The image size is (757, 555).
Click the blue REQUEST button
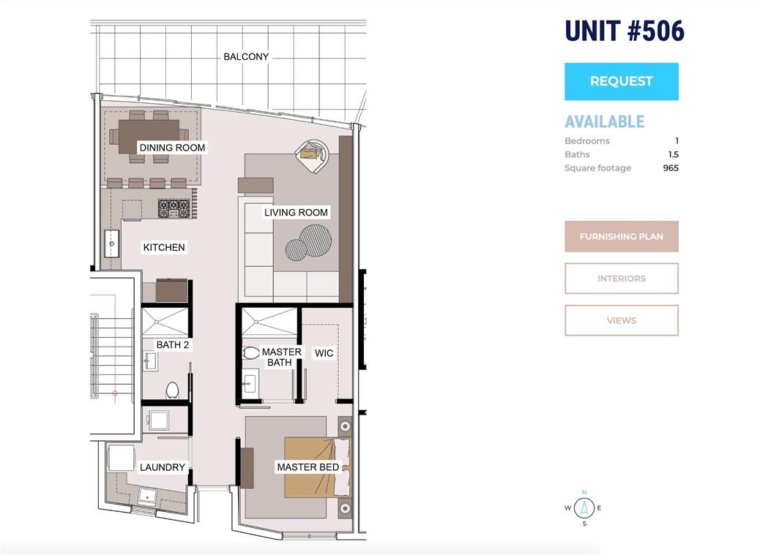click(x=622, y=81)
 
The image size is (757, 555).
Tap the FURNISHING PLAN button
click(x=622, y=236)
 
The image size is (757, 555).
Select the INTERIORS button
click(x=622, y=278)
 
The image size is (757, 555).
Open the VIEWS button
click(x=622, y=320)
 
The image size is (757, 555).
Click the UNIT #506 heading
click(x=624, y=31)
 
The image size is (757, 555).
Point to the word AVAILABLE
click(x=605, y=121)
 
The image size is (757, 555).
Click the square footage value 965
click(x=671, y=167)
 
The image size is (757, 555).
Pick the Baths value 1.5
click(x=673, y=154)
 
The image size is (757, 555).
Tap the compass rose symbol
click(x=584, y=507)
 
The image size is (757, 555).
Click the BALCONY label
click(x=246, y=56)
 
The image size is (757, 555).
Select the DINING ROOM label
click(x=172, y=148)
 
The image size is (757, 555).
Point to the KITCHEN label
click(x=164, y=247)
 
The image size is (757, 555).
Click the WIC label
click(x=324, y=353)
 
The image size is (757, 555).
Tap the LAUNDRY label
click(x=163, y=467)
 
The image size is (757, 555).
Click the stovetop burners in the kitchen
click(x=174, y=208)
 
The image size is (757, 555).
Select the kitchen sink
click(x=112, y=243)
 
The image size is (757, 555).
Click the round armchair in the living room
click(x=313, y=156)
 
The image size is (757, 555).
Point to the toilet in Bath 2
click(x=172, y=390)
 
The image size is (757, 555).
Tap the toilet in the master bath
click(x=250, y=353)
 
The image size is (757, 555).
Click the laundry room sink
click(x=147, y=495)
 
